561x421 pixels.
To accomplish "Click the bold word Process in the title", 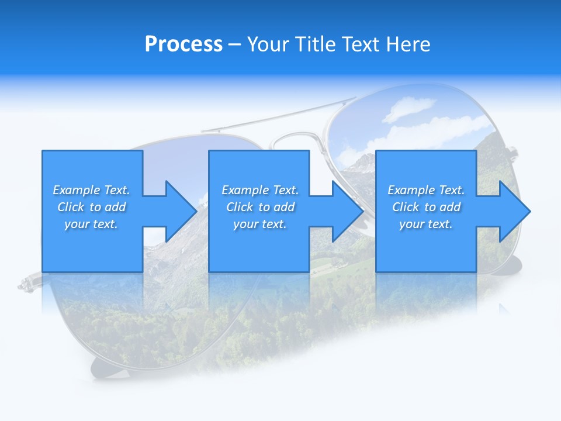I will tap(183, 44).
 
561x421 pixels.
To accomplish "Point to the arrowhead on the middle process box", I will tap(347, 211).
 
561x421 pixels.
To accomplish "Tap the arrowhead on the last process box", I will tap(514, 211).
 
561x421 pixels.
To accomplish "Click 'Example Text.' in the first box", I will tap(91, 190).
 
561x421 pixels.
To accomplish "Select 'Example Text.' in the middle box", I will tap(260, 190).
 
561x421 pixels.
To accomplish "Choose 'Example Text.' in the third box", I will tap(426, 190).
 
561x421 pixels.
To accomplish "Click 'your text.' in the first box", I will tap(91, 224).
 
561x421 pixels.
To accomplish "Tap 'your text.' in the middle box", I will tap(260, 224).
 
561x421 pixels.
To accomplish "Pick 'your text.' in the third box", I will tap(426, 224).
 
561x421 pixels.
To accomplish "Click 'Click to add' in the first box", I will tap(91, 207).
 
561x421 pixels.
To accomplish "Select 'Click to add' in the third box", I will tap(426, 207).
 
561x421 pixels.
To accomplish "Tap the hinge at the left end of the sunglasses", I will tap(26, 285).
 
